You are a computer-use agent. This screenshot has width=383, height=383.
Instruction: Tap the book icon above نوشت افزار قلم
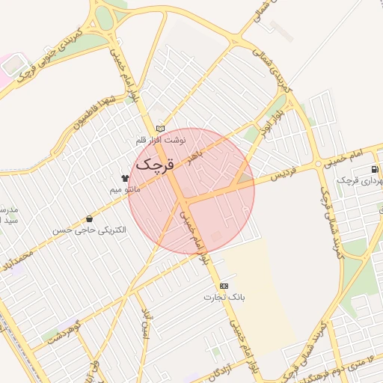159,129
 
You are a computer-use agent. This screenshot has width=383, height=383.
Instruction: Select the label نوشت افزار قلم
159,141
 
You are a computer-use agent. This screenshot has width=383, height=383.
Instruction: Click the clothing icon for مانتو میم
124,178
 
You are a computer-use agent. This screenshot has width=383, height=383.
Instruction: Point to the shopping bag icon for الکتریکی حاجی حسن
91,219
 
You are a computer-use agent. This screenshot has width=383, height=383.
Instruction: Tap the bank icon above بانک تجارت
224,287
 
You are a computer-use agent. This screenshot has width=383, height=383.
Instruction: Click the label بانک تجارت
224,297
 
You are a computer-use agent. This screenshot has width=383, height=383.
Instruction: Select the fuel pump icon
374,169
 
